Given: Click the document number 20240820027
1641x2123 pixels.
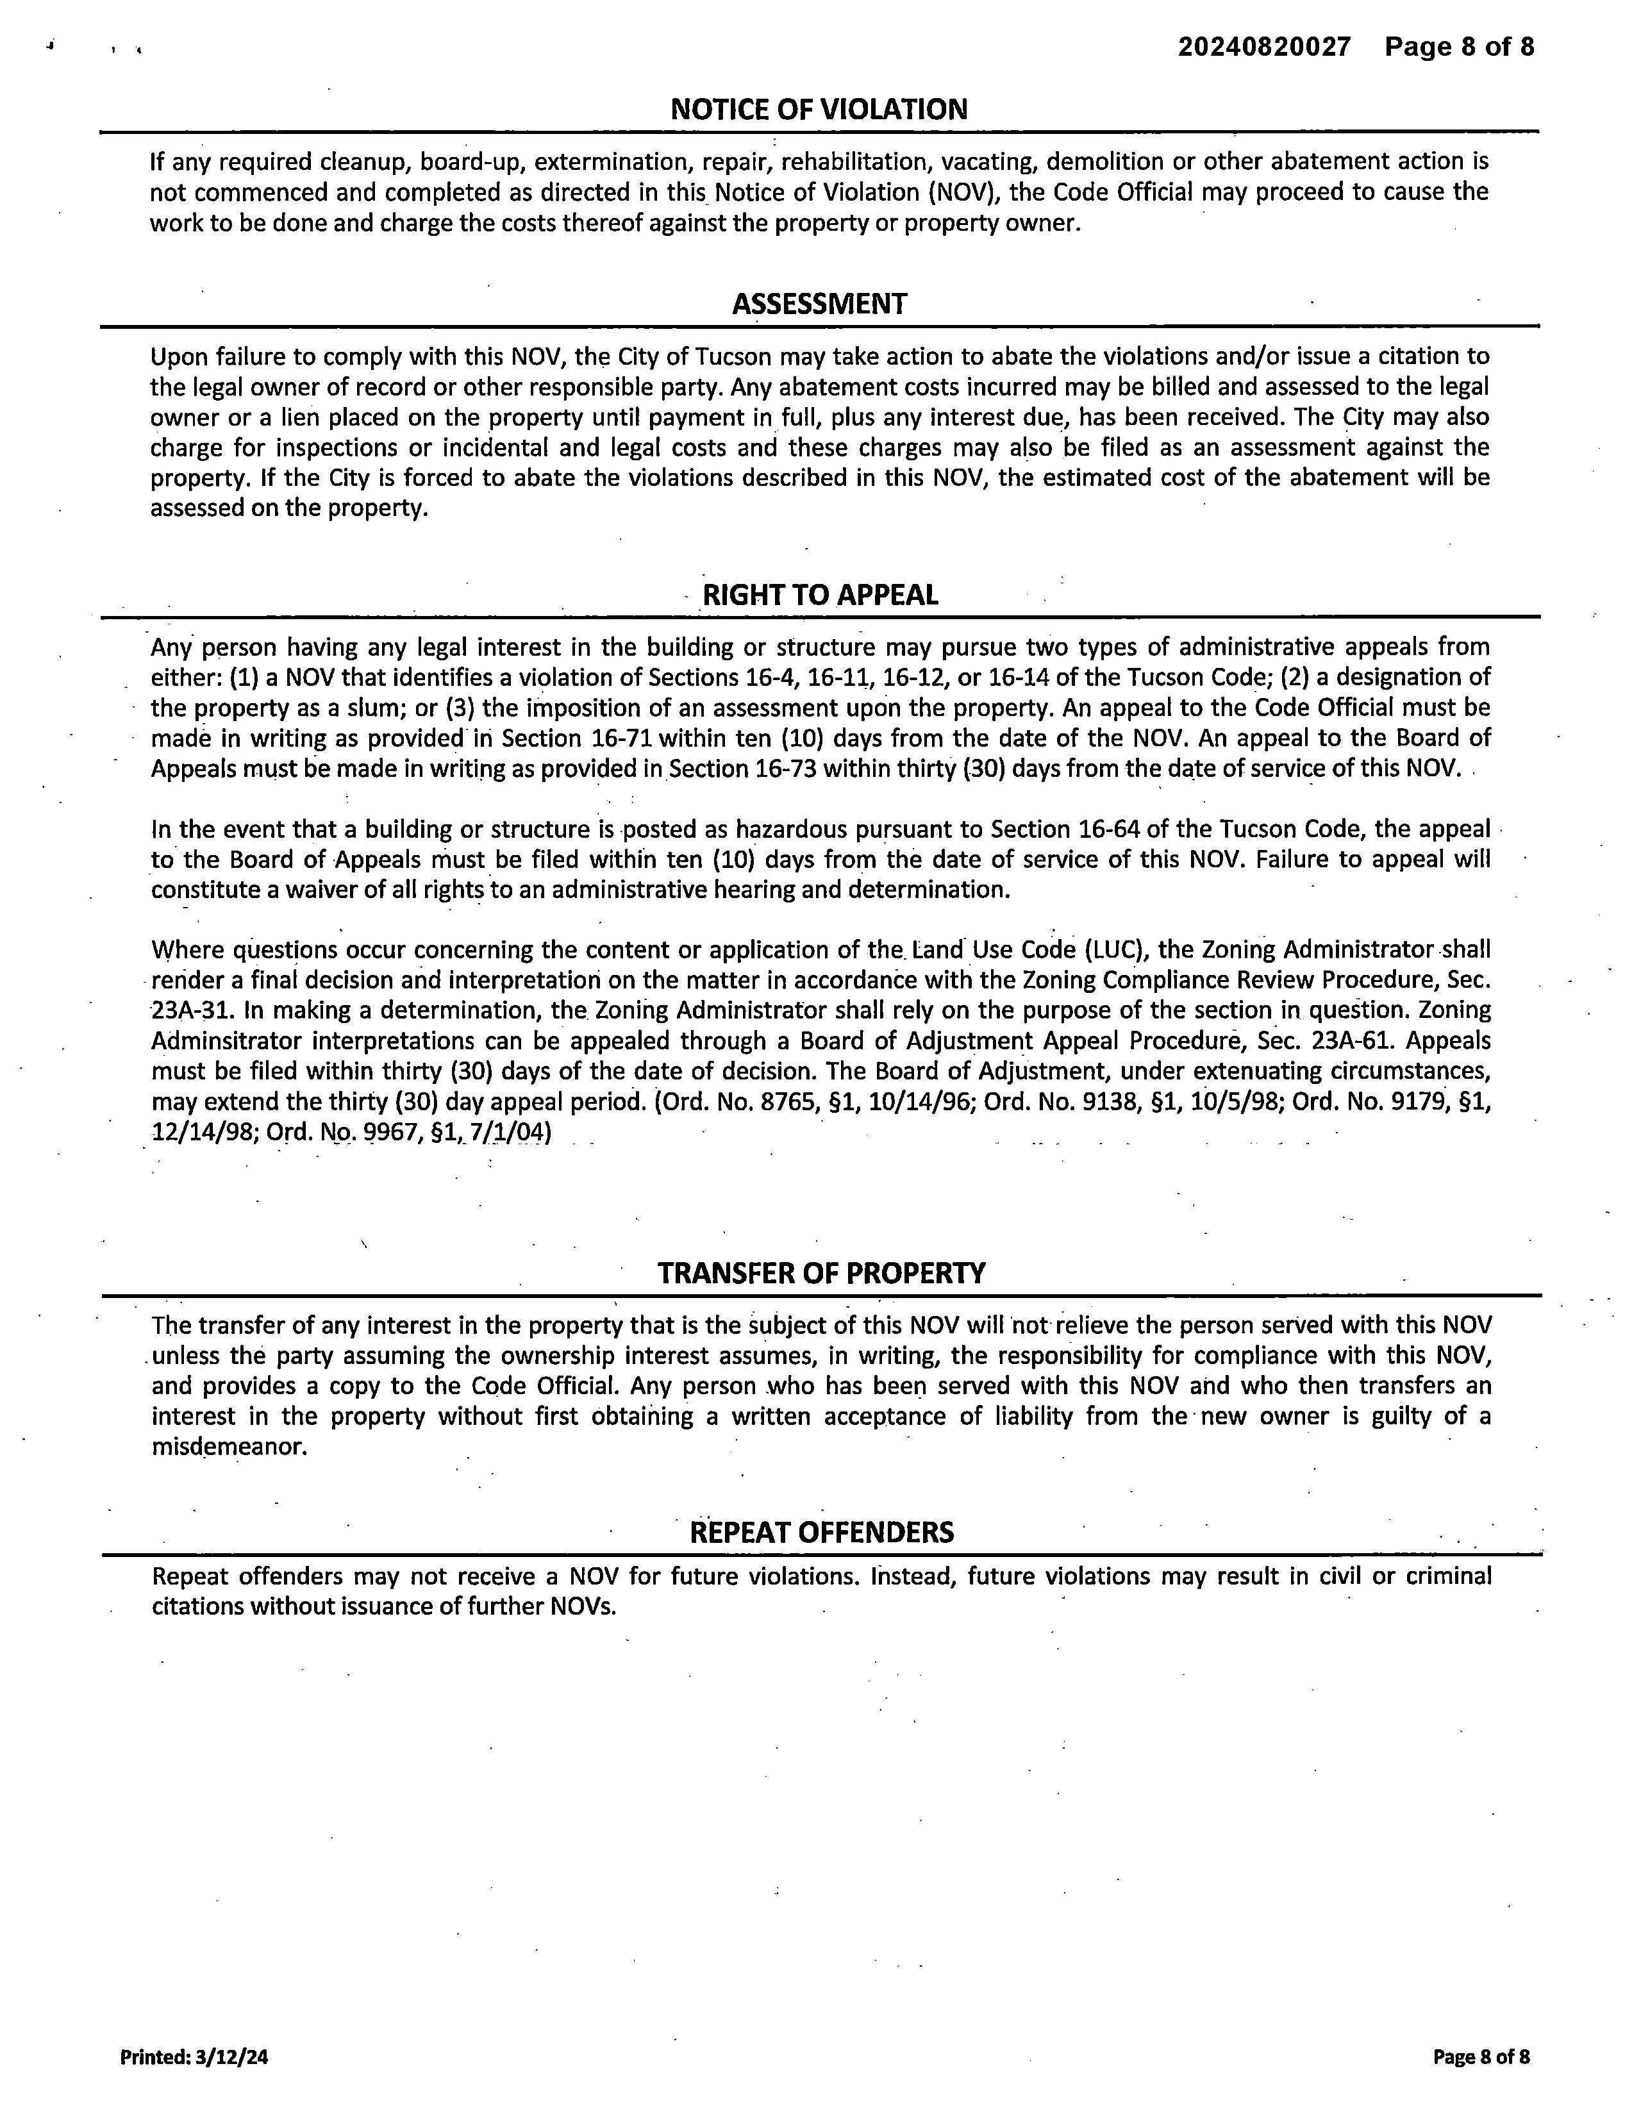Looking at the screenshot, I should tap(1264, 47).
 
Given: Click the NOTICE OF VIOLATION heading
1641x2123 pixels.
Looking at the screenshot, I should tap(819, 109).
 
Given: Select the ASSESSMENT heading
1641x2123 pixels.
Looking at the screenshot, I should tap(819, 304).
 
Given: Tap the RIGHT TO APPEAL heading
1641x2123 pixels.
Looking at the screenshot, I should tap(819, 595).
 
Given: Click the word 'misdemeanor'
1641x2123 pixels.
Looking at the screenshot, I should tap(229, 1447).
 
